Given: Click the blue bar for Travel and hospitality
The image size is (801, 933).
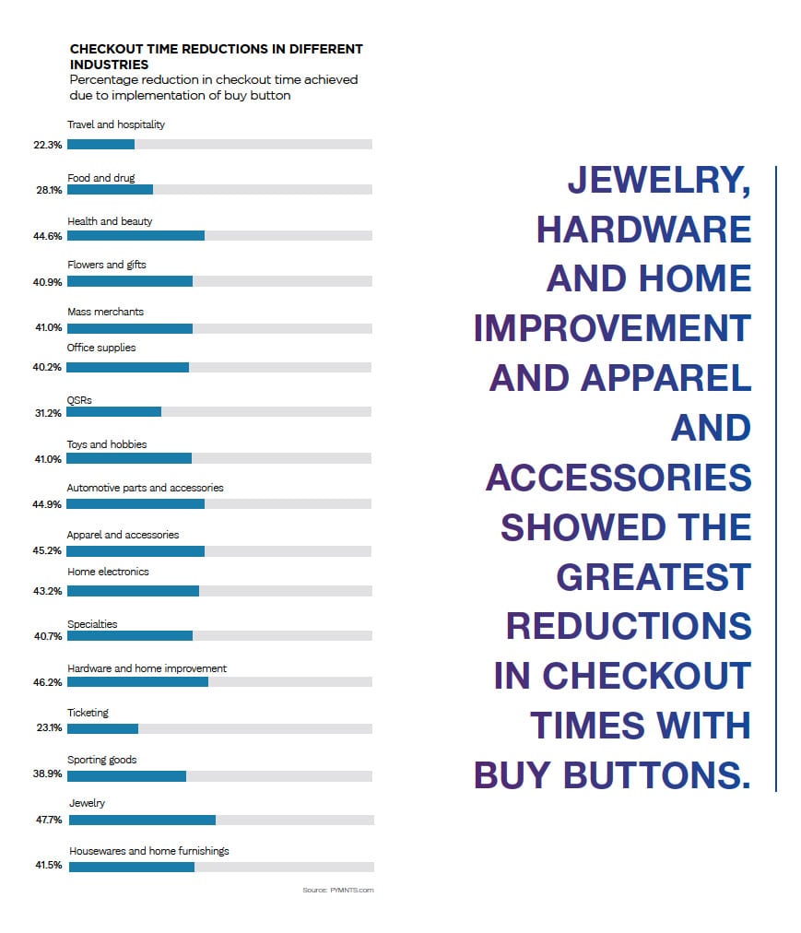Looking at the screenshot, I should pyautogui.click(x=100, y=144).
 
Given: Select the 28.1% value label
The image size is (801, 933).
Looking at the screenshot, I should pyautogui.click(x=49, y=190).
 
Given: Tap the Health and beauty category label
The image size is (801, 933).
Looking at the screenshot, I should pyautogui.click(x=110, y=221).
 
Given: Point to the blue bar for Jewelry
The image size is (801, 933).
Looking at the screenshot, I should pyautogui.click(x=142, y=820).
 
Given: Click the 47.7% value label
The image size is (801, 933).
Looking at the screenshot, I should pyautogui.click(x=49, y=820).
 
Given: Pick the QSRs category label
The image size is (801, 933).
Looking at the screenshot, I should pyautogui.click(x=79, y=400).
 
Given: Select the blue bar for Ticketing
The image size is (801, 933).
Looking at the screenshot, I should pyautogui.click(x=102, y=728).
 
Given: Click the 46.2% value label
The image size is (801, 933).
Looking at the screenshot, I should pyautogui.click(x=49, y=682).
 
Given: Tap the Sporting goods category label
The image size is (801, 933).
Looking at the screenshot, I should pyautogui.click(x=101, y=760).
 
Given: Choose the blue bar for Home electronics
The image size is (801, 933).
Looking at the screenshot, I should pyautogui.click(x=133, y=590).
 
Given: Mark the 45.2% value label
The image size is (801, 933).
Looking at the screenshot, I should pyautogui.click(x=49, y=551).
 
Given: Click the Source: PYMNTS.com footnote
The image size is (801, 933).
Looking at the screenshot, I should pyautogui.click(x=337, y=890).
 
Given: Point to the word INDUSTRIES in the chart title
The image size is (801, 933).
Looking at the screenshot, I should pyautogui.click(x=109, y=65).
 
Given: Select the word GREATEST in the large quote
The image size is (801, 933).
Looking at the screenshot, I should pyautogui.click(x=654, y=577).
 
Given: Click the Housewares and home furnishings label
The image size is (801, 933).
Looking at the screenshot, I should pyautogui.click(x=149, y=851).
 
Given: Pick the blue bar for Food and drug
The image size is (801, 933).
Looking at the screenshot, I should pyautogui.click(x=110, y=190).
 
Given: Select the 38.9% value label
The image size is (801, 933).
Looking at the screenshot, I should pyautogui.click(x=49, y=776).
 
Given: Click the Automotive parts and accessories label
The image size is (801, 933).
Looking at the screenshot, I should pyautogui.click(x=145, y=488).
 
